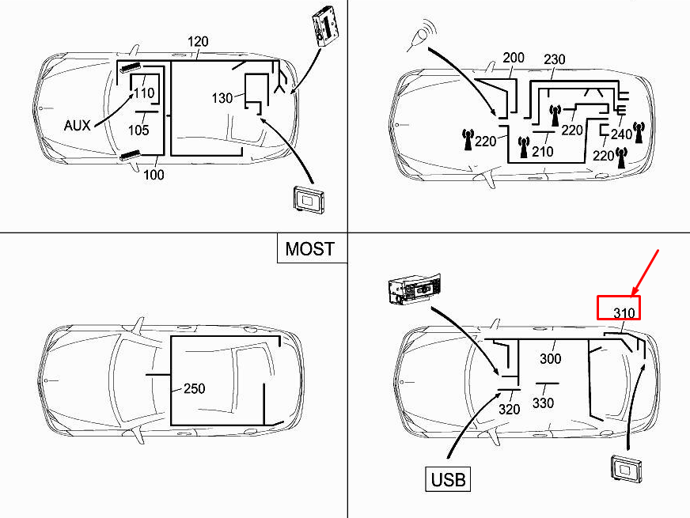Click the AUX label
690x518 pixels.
tap(78, 124)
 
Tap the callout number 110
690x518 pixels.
tap(143, 93)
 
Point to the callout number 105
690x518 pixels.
tap(138, 130)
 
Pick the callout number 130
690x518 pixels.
tap(222, 98)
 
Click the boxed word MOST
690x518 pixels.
tap(309, 249)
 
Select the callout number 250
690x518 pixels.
tap(195, 388)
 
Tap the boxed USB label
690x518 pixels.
tap(449, 478)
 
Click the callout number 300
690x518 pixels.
tap(550, 359)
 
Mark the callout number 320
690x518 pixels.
tap(510, 410)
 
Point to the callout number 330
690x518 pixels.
tap(543, 403)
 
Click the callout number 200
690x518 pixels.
tap(514, 59)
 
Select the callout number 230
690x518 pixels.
tap(554, 60)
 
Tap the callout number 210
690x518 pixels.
tap(543, 151)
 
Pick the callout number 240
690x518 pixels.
tap(621, 134)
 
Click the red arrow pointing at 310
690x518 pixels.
tap(646, 270)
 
